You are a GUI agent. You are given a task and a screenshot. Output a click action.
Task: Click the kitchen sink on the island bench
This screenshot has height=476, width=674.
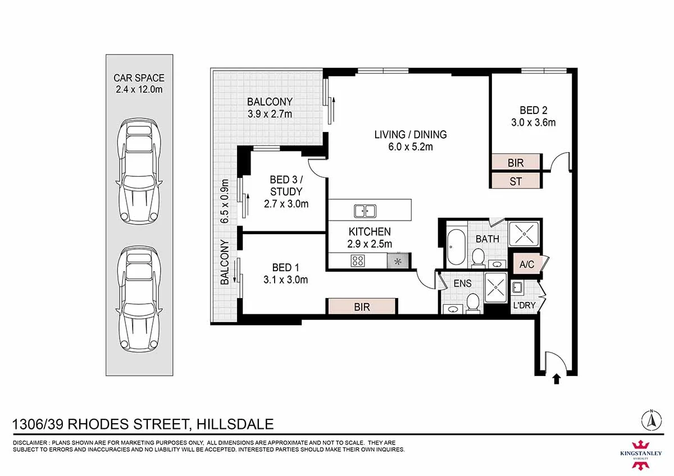365,211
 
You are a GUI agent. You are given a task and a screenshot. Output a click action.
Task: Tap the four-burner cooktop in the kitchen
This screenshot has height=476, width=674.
358,260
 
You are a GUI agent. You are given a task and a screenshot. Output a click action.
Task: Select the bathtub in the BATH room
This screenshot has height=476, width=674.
456,247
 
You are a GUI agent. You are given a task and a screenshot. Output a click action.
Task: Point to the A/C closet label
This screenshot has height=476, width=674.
527,264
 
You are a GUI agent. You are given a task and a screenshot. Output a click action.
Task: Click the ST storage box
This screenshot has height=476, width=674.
516,181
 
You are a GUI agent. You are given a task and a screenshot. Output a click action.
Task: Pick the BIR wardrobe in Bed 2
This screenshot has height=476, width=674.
516,163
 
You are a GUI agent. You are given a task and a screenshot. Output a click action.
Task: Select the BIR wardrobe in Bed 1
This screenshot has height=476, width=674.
362,306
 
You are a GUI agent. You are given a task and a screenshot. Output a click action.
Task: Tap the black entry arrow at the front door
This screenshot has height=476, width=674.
557,379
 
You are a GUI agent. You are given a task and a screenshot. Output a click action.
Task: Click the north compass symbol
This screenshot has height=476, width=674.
652,420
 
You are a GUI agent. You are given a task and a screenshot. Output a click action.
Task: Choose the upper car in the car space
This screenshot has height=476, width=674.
139,171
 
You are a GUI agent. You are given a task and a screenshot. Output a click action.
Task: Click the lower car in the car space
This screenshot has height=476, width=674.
139,300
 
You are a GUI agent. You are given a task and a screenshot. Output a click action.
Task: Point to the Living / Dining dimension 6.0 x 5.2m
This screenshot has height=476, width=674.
411,147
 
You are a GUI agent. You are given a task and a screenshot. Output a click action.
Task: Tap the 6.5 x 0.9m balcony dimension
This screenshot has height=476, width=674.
225,201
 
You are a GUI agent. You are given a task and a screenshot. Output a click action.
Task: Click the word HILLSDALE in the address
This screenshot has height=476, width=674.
235,424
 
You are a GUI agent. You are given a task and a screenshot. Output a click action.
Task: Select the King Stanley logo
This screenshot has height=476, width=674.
641,455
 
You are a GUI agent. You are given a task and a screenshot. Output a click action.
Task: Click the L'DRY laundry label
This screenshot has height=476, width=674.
524,305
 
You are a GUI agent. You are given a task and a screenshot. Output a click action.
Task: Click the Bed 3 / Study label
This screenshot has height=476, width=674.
286,186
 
